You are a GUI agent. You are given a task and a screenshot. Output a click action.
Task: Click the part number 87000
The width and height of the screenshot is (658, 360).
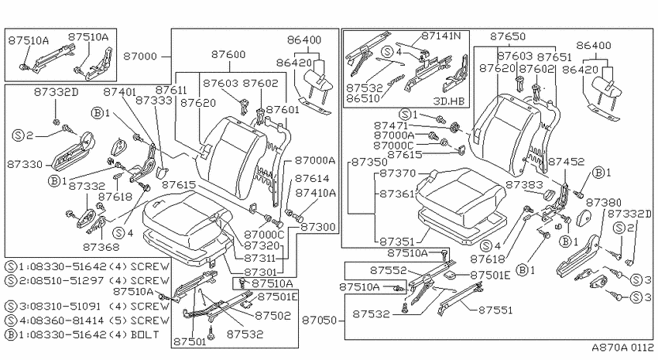coord(140,56)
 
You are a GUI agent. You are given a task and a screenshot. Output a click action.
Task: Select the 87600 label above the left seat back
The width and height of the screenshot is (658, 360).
coord(228,54)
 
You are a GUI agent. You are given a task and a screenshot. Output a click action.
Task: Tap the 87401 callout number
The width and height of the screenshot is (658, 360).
coord(119,92)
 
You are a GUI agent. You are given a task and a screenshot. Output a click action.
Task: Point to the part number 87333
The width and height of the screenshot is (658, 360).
coord(154,101)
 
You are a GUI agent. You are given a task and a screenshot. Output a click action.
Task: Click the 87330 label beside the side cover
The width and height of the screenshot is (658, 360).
coord(25,164)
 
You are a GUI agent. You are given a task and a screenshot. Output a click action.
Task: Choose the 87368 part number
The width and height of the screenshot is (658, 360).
coord(101,247)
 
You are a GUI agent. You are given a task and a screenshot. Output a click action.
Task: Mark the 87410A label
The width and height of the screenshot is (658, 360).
coord(316,193)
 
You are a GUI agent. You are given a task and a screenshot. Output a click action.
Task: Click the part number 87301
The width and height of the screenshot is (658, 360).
coord(260,272)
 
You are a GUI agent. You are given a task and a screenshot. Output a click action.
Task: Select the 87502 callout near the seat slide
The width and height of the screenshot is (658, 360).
coord(272,315)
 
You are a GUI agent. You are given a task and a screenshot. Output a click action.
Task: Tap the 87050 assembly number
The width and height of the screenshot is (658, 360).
coord(320,321)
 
